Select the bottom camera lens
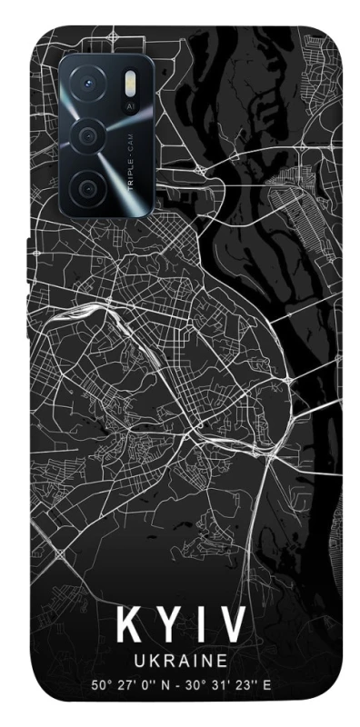(89, 188)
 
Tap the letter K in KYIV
(128, 626)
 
